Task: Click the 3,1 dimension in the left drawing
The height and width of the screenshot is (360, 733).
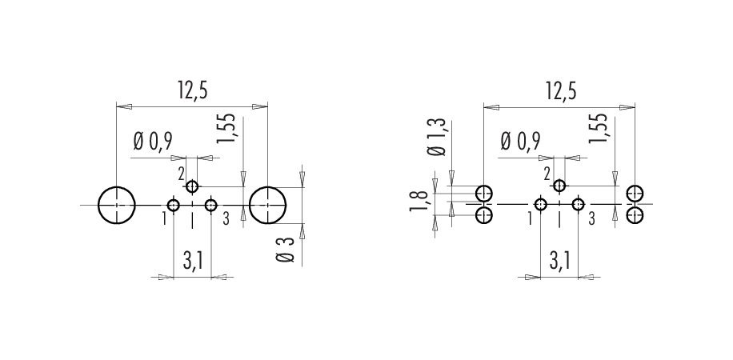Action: pos(192,262)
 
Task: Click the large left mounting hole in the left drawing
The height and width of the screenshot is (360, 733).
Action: pos(117,206)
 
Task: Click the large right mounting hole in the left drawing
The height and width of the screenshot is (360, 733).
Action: pos(268,206)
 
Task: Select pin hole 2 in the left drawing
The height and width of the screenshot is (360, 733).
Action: pos(192,187)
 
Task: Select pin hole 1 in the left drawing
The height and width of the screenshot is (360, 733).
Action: pos(174,206)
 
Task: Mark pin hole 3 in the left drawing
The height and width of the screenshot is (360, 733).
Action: pos(210,206)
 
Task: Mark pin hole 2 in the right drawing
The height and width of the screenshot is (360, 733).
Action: pos(559,186)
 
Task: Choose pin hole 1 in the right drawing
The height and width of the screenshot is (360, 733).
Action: pos(541,205)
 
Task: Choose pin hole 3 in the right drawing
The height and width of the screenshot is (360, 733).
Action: pos(577,205)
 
